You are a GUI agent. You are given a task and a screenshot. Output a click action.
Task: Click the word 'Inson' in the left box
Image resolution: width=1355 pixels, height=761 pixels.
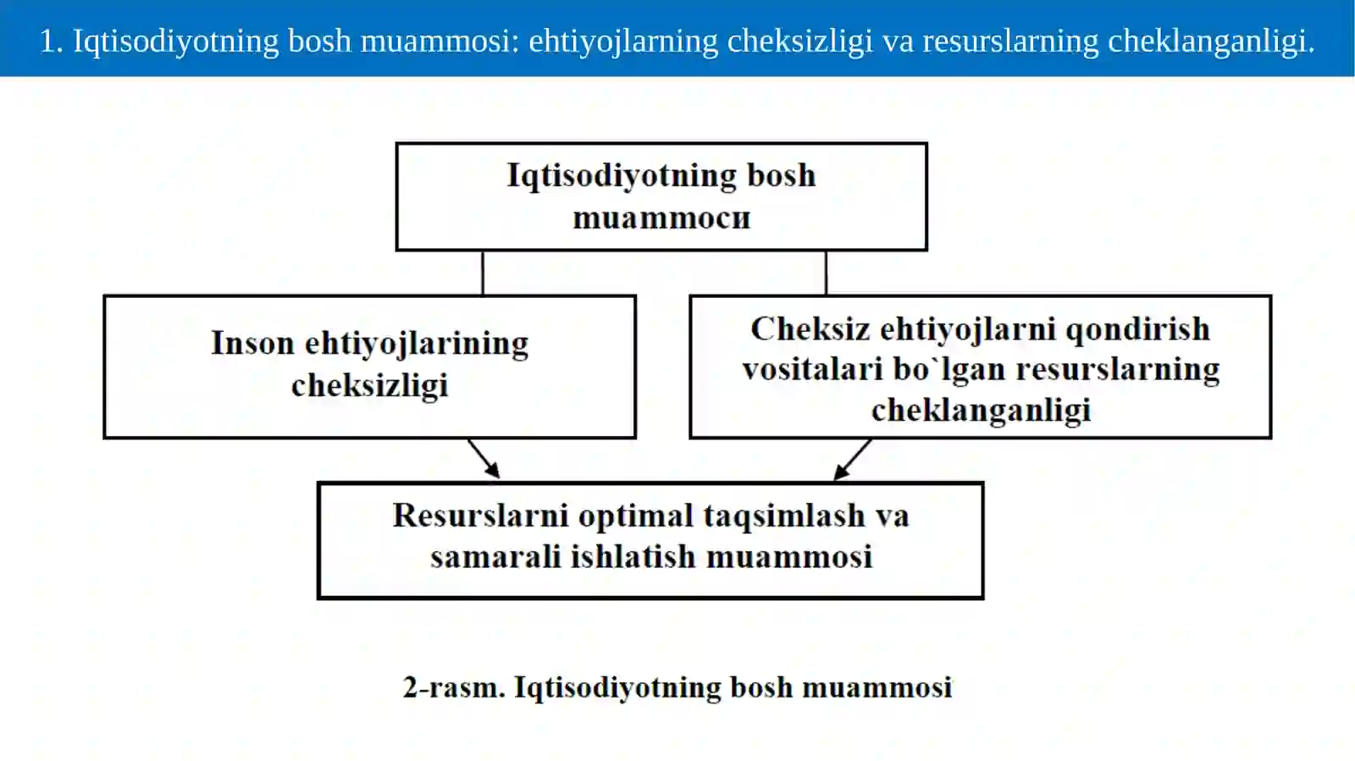253,344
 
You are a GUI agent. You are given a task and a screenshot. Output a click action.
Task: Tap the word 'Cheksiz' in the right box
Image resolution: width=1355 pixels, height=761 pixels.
810,329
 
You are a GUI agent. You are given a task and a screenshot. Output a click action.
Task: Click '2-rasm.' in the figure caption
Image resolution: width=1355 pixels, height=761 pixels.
454,687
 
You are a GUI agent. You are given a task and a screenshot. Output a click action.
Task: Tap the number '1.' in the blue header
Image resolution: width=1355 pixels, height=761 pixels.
52,41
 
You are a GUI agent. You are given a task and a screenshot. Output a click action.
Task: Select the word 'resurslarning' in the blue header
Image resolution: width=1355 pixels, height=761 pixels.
1010,42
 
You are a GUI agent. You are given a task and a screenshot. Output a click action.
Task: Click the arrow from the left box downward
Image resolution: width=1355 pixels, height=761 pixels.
484,459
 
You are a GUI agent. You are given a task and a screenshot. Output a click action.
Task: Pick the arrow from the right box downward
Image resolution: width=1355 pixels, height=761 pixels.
852,460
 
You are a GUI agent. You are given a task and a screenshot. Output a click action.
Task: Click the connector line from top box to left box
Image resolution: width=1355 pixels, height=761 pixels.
483,273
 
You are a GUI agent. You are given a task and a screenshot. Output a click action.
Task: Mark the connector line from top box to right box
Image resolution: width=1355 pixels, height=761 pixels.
826,273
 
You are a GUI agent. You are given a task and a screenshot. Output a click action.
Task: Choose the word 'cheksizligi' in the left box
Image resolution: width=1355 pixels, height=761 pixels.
369,386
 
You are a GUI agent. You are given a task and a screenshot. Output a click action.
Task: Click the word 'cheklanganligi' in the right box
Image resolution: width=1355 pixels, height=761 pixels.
982,411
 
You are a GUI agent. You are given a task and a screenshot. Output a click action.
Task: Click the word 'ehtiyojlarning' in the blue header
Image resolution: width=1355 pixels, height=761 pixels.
623,42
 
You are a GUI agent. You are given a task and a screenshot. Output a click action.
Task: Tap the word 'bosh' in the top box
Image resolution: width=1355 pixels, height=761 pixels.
782,175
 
